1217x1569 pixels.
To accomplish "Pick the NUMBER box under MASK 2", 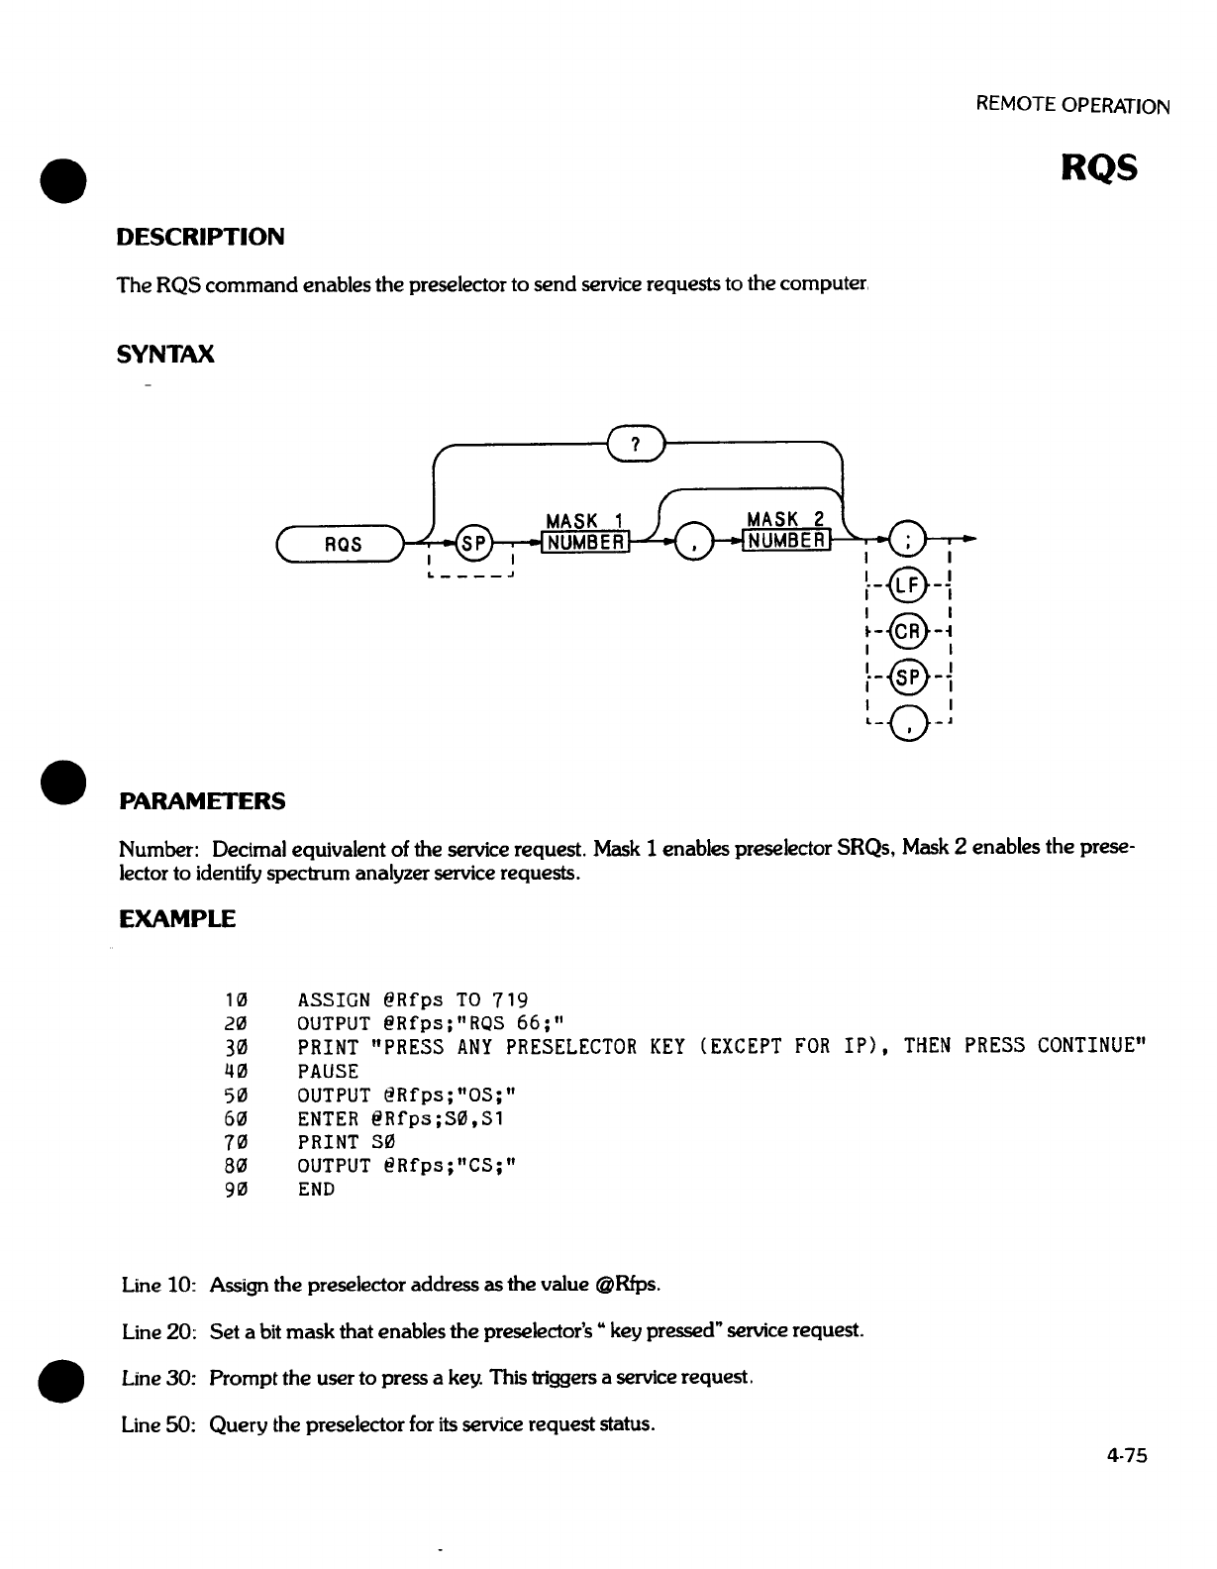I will pyautogui.click(x=788, y=541).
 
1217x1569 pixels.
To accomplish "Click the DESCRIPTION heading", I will pyautogui.click(x=200, y=238).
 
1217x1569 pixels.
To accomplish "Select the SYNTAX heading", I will pyautogui.click(x=165, y=355).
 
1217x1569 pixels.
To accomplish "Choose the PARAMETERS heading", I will pyautogui.click(x=202, y=801).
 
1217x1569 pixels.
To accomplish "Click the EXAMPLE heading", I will pyautogui.click(x=177, y=919).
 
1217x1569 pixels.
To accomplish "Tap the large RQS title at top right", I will pyautogui.click(x=1099, y=169).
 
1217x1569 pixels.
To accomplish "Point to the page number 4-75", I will pyautogui.click(x=1127, y=1455).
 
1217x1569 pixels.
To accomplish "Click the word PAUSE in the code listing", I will pyautogui.click(x=328, y=1071).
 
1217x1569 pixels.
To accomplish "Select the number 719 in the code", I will pyautogui.click(x=511, y=999).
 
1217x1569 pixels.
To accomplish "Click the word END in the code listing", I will pyautogui.click(x=316, y=1190).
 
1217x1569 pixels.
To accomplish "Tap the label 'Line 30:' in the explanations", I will pyautogui.click(x=156, y=1378).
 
